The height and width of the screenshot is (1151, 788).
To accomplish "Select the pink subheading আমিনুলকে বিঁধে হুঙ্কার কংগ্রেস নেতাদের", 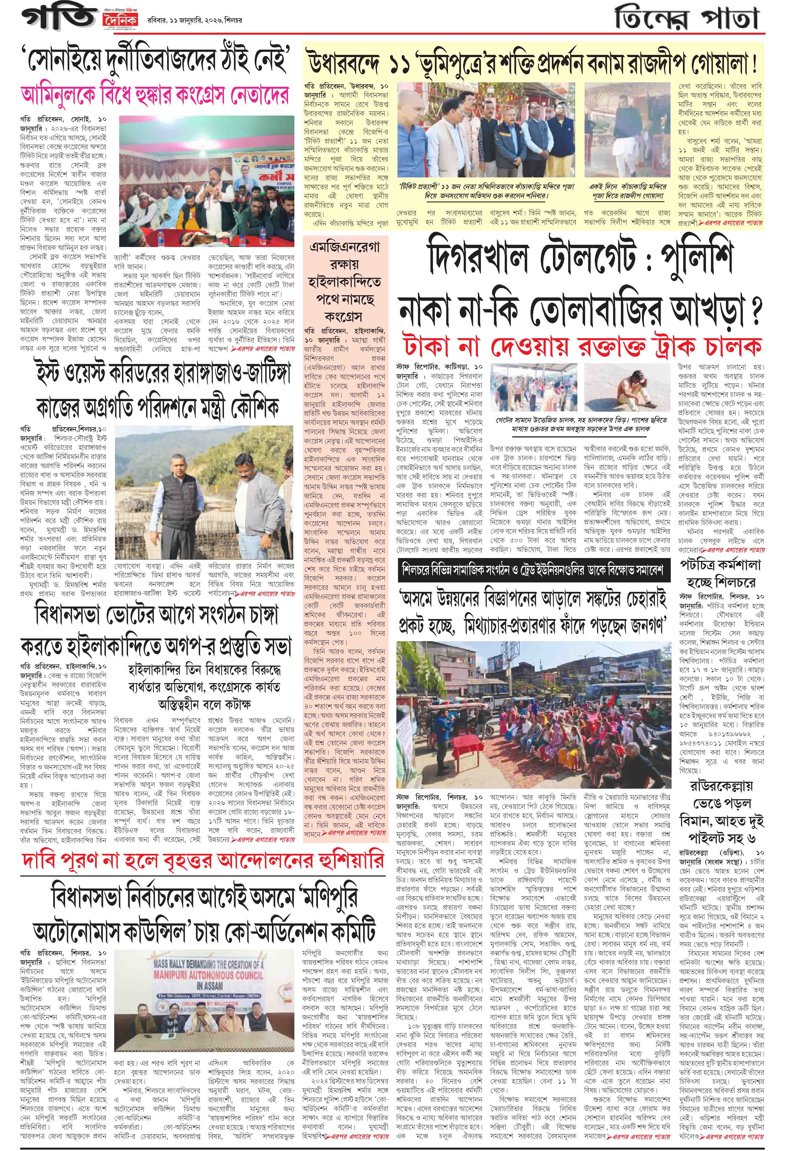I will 155,94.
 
